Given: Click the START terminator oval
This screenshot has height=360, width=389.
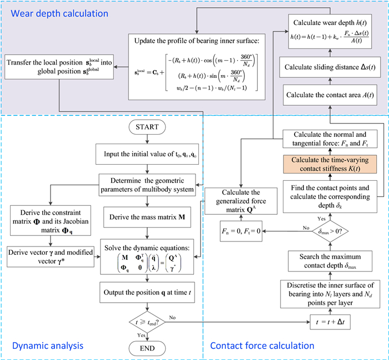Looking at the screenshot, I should tap(147, 127).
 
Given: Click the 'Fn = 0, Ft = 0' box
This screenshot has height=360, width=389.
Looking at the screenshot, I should tap(241, 229).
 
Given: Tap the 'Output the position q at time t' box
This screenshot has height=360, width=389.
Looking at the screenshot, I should tap(147, 290).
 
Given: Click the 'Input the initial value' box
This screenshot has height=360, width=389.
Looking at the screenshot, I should tap(147, 154).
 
